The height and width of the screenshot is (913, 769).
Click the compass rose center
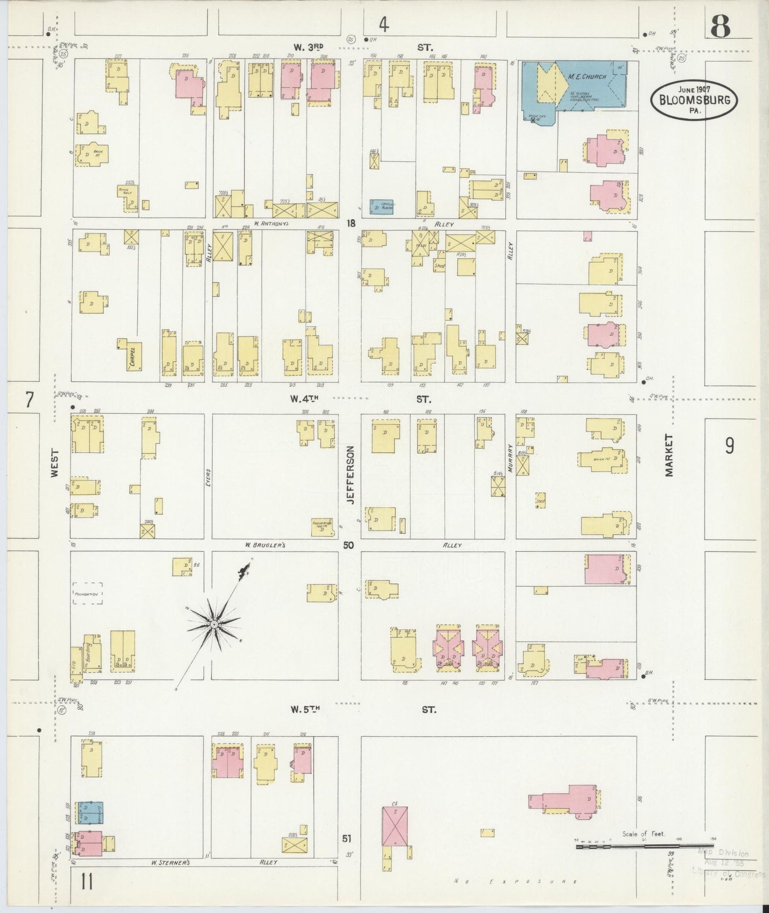click(x=213, y=624)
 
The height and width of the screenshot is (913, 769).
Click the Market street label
click(x=669, y=455)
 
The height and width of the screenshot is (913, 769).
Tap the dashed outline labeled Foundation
click(x=88, y=592)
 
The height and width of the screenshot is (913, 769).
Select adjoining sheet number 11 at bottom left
click(x=87, y=882)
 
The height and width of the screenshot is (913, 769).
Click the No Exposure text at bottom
click(x=516, y=882)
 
